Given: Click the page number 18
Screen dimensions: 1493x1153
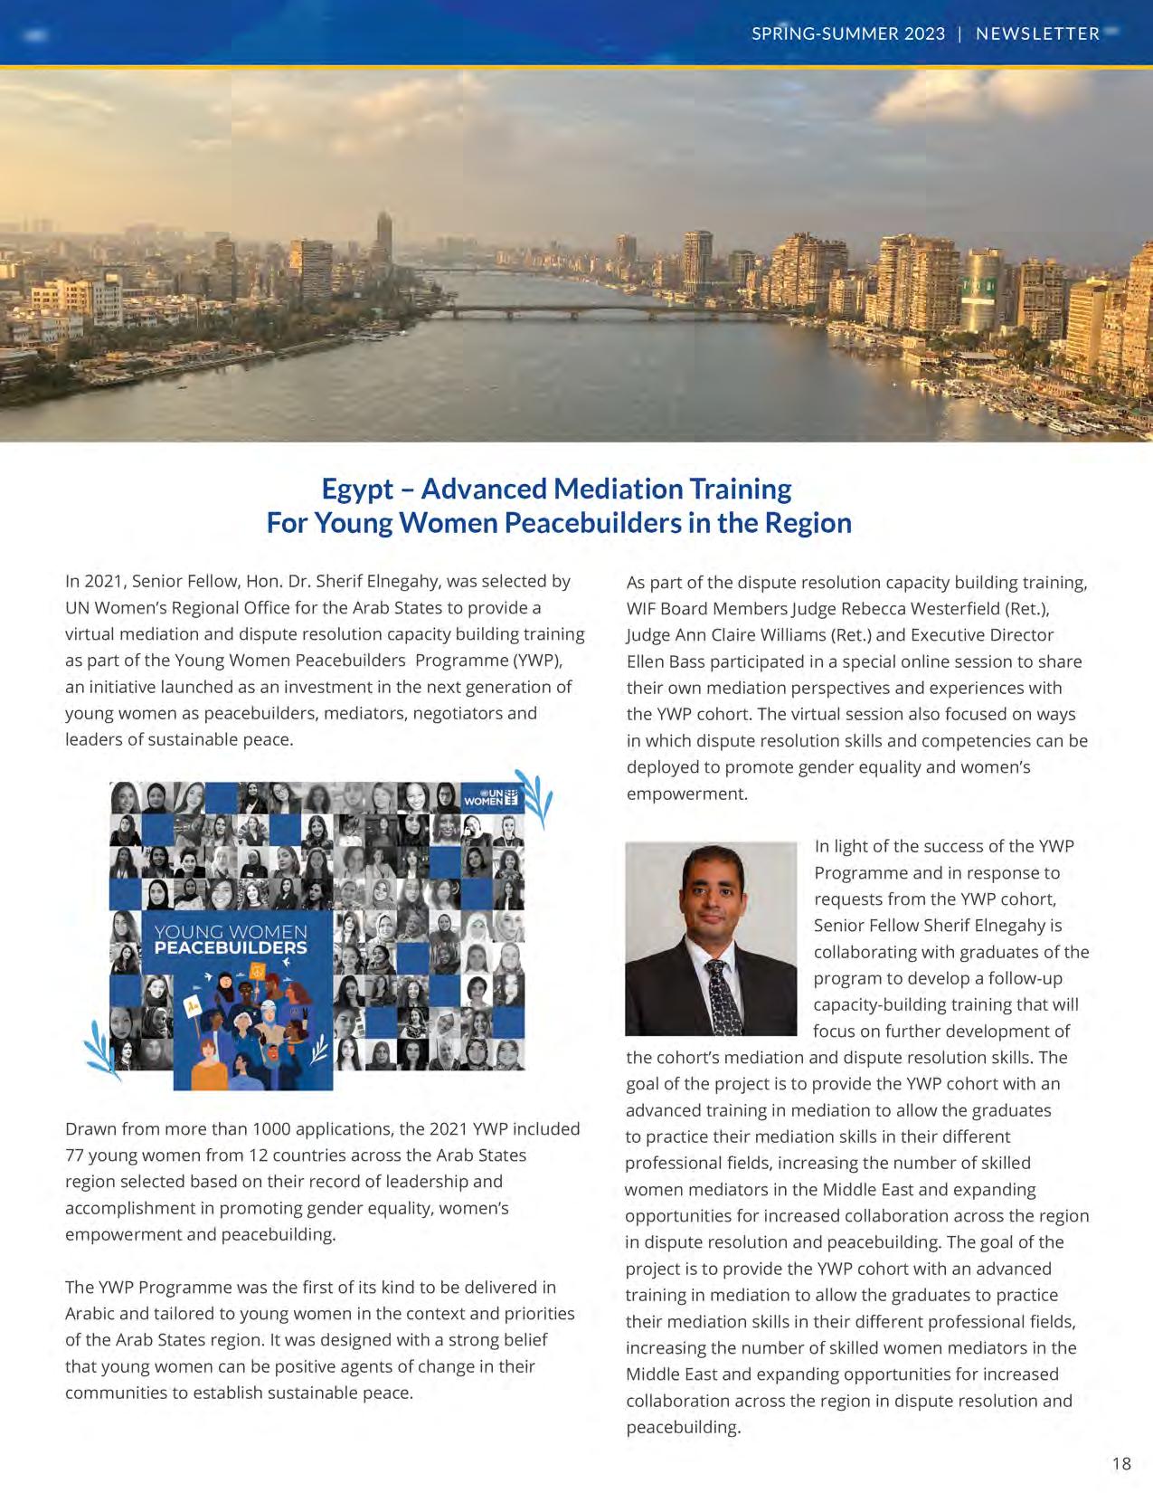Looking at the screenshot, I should click(1121, 1463).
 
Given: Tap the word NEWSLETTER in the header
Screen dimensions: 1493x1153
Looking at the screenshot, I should click(1037, 33).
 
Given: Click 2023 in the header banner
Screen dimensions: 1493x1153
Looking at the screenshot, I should click(923, 33).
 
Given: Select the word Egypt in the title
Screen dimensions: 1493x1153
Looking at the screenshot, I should click(358, 489).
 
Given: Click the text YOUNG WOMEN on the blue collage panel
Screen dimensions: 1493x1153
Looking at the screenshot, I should click(231, 931).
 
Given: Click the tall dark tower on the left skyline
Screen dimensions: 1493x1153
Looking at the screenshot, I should click(384, 235).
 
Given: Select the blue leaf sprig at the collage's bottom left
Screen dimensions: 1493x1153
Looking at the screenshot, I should click(101, 1050).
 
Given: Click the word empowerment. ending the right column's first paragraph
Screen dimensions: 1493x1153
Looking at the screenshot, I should click(686, 794).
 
